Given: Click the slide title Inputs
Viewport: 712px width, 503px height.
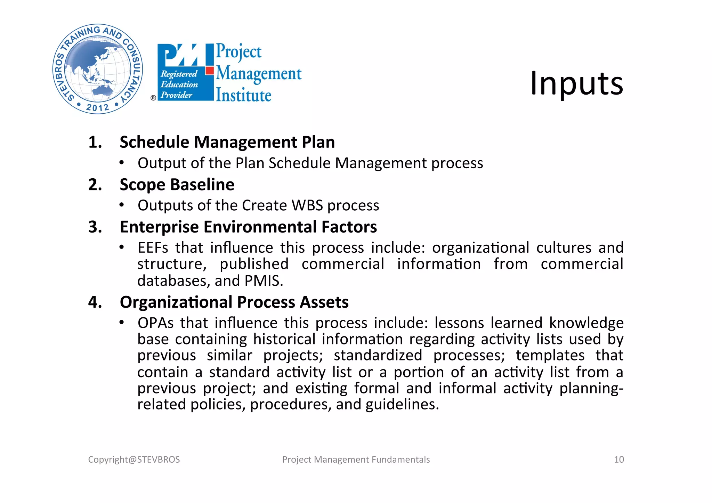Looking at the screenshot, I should coord(576,83).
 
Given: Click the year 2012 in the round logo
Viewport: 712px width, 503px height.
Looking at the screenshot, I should coord(98,107).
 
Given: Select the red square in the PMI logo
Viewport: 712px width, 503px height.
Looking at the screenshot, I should coord(209,71).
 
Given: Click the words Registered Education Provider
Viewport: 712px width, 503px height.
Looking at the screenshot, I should coord(179,84).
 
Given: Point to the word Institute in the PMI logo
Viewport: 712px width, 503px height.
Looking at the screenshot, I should coord(243,95).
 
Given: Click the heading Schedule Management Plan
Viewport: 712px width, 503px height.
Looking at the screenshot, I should coord(227,142).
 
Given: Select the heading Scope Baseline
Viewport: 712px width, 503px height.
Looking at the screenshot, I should coord(177,185).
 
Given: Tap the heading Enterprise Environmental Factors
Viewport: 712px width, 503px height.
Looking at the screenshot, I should coord(248,227).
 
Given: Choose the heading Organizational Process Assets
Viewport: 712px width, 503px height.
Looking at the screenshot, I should coord(234,302).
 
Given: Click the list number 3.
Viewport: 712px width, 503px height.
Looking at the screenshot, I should coord(95,227).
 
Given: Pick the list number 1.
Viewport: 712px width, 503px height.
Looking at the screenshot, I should coord(95,142).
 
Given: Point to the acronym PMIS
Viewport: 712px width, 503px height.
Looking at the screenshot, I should coord(263,281).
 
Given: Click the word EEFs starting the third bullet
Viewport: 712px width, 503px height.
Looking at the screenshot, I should coord(153,248).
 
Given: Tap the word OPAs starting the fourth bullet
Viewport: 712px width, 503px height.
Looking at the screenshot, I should coord(155,323).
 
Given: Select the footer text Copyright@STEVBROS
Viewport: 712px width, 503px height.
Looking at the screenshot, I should coord(134,460).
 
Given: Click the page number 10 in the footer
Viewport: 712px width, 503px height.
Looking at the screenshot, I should coord(619,460).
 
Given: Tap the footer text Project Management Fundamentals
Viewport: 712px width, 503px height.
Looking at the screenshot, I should coord(356,460).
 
